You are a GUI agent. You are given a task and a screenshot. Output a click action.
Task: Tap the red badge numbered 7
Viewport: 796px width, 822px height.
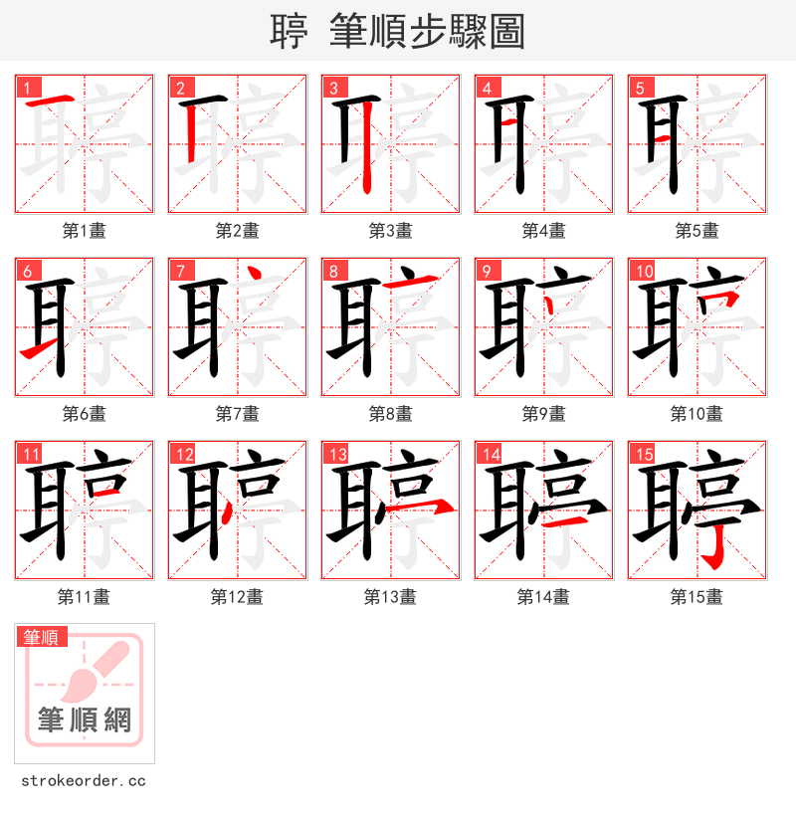point(180,271)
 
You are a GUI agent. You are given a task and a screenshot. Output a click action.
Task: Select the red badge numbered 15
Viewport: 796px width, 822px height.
point(642,455)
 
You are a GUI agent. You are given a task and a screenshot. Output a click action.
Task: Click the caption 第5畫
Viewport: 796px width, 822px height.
point(696,231)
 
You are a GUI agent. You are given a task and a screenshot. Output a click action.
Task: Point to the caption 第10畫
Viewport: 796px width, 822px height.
point(696,414)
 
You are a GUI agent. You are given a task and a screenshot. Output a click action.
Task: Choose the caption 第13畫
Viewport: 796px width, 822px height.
point(390,597)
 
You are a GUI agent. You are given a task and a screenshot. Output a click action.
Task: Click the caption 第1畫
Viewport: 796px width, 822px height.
point(84,231)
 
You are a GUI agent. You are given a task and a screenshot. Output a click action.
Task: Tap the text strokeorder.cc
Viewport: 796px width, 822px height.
point(84,780)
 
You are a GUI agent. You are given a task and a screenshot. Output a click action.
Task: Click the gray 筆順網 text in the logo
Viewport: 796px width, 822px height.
point(85,719)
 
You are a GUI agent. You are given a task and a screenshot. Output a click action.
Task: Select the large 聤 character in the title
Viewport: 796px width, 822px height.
point(289,32)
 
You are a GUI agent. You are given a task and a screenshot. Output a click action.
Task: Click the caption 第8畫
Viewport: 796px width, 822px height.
point(390,414)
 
